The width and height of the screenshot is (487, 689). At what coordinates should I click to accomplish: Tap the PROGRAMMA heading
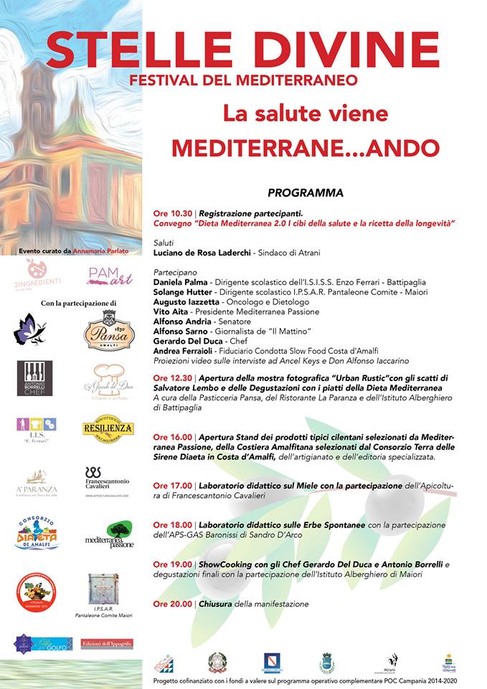pyautogui.click(x=306, y=193)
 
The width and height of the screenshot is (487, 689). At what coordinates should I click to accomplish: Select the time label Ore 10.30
pyautogui.click(x=172, y=213)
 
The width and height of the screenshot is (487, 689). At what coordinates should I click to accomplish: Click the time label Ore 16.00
pyautogui.click(x=172, y=436)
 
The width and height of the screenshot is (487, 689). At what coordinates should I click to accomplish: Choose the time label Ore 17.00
pyautogui.click(x=172, y=486)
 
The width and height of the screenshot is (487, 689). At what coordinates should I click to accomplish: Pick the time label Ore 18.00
pyautogui.click(x=172, y=525)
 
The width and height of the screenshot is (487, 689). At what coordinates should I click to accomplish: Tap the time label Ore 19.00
pyautogui.click(x=172, y=564)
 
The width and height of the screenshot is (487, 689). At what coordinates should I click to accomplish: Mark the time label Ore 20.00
pyautogui.click(x=172, y=604)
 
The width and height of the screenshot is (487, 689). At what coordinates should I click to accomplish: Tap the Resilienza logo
pyautogui.click(x=108, y=429)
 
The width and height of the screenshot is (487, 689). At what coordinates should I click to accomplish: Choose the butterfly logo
pyautogui.click(x=29, y=329)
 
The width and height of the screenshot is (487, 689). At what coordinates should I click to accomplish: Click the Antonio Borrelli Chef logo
pyautogui.click(x=34, y=378)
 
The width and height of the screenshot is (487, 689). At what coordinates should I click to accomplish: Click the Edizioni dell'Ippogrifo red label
pyautogui.click(x=107, y=644)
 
